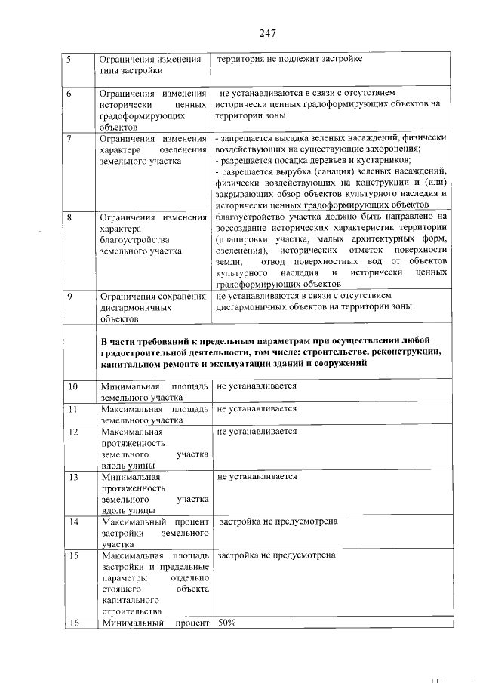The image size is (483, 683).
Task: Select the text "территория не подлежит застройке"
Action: tap(291, 59)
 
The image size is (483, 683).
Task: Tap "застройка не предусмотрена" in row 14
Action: tap(278, 521)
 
